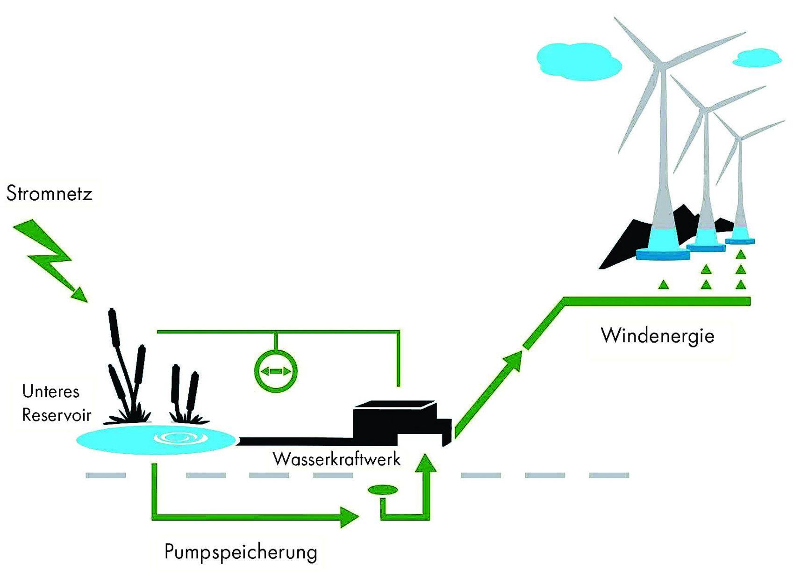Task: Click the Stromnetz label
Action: [x=50, y=194]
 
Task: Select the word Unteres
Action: [x=50, y=391]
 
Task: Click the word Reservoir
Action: [x=57, y=414]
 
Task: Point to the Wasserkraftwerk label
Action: [x=336, y=459]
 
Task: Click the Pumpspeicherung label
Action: [x=241, y=552]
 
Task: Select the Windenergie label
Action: [x=658, y=335]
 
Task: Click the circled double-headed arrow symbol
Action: [x=276, y=371]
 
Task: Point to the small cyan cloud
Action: [x=757, y=58]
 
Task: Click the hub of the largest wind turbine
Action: [x=659, y=62]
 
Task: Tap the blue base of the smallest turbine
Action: [x=740, y=240]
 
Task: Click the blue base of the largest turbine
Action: [x=663, y=254]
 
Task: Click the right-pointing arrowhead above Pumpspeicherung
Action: [x=350, y=516]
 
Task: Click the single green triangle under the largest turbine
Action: [x=663, y=284]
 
